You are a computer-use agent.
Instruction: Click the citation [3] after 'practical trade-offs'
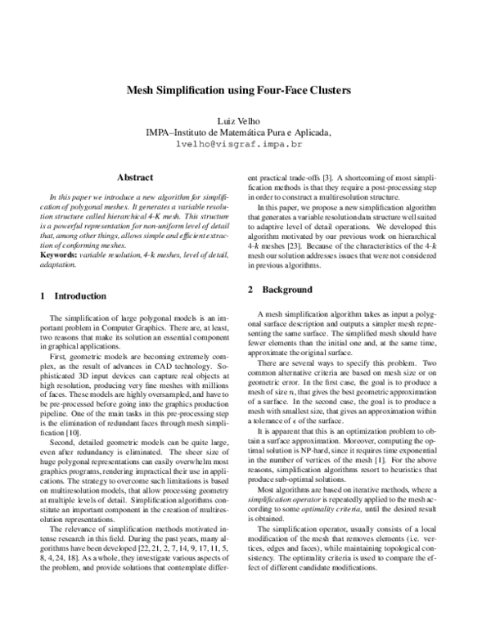[x=326, y=177]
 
